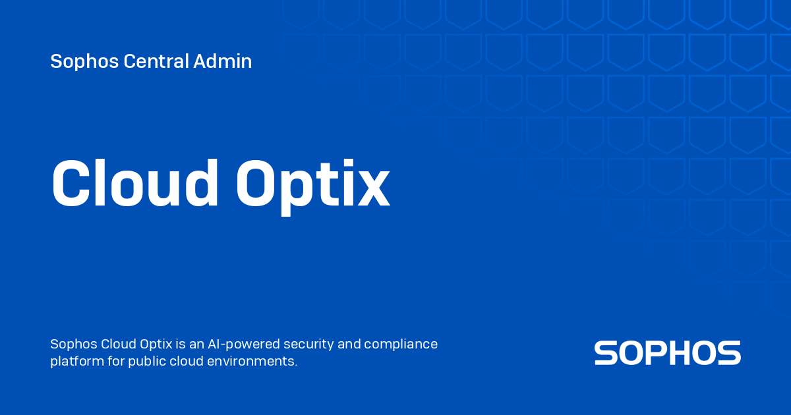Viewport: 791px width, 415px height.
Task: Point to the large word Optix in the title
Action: tap(313, 184)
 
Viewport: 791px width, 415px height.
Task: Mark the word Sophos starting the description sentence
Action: tap(74, 344)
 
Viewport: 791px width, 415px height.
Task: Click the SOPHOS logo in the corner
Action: tap(667, 353)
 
